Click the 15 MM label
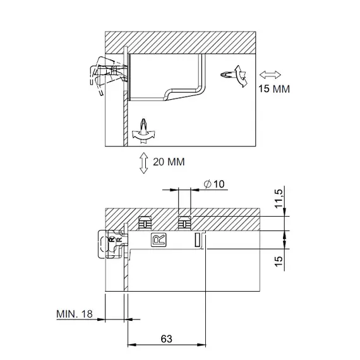click(x=274, y=89)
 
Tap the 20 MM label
click(x=169, y=162)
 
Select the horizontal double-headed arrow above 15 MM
click(x=270, y=75)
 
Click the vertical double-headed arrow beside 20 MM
click(x=144, y=163)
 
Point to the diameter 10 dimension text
click(x=214, y=184)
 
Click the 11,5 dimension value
click(x=279, y=198)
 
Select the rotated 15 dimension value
click(x=279, y=261)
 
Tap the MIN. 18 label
click(x=75, y=314)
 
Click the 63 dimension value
click(x=167, y=339)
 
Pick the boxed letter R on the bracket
click(x=159, y=240)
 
